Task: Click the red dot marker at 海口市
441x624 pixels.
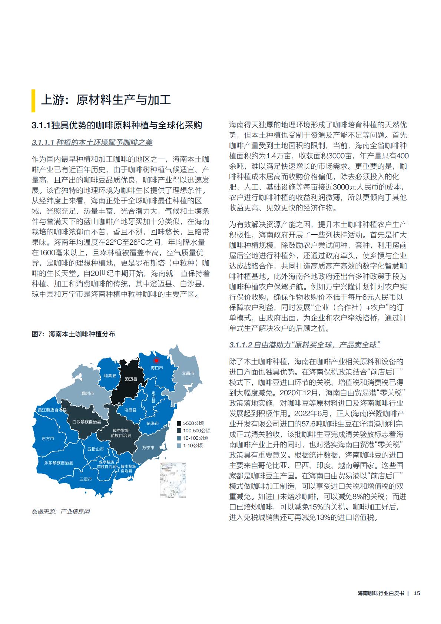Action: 156,360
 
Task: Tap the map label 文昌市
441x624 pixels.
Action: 188,373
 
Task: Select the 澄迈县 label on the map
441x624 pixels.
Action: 131,379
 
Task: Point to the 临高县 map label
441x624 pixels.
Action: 110,376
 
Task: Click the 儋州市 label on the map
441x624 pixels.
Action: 88,393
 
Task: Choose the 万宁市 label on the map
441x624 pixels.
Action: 148,448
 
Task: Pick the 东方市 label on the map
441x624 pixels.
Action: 48,438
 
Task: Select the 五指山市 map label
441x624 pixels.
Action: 96,449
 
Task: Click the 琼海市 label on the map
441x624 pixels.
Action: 152,423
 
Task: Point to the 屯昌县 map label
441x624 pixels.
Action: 130,410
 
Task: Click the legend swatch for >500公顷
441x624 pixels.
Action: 179,423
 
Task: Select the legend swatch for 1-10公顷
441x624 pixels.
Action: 179,445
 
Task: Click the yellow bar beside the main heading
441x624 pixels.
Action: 34,100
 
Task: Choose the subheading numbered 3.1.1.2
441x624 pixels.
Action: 305,345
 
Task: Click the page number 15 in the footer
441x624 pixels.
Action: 417,603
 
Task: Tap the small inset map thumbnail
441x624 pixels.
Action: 173,480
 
